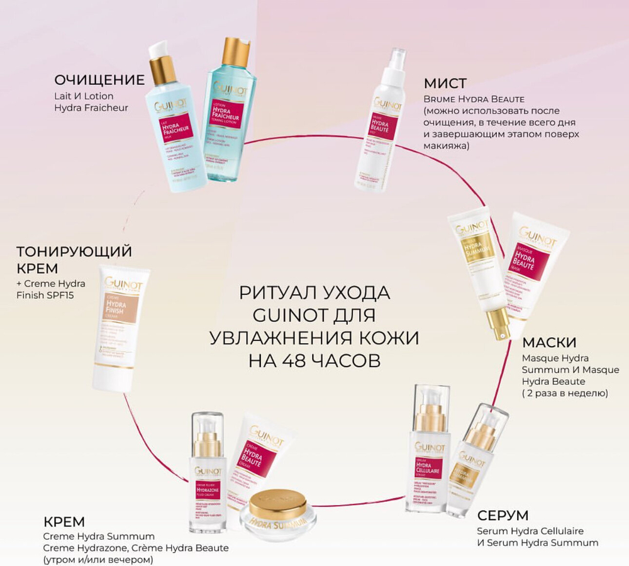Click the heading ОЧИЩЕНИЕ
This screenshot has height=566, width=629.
pos(99,80)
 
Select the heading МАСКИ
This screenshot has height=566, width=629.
pos(549,343)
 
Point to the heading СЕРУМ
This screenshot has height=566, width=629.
pos(503,516)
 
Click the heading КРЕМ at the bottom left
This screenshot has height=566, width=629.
pos(64,521)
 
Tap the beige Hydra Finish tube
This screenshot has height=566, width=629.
pos(121,327)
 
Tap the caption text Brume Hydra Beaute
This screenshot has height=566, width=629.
pos(474,99)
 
